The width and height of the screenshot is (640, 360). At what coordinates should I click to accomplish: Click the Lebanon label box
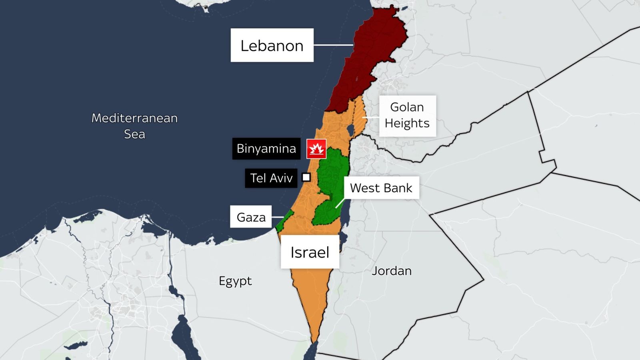tap(272, 45)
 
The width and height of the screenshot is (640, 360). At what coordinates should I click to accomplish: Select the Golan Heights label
tap(407, 116)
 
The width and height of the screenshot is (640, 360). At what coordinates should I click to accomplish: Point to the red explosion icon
tap(316, 149)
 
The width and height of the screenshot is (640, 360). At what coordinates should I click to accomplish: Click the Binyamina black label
tap(266, 149)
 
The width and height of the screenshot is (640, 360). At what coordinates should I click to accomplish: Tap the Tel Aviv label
tap(271, 178)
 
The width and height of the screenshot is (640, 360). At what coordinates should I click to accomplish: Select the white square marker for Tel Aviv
tap(306, 177)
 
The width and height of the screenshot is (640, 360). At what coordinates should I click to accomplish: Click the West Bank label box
tap(381, 188)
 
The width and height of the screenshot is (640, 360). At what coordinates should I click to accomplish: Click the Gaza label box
tap(251, 217)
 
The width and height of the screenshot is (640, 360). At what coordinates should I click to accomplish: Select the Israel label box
tap(310, 252)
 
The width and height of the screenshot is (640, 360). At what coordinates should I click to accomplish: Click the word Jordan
tap(392, 271)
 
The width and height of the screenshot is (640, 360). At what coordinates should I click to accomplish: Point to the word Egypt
tap(235, 281)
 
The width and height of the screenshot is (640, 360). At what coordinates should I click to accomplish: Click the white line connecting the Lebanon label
tap(333, 45)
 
